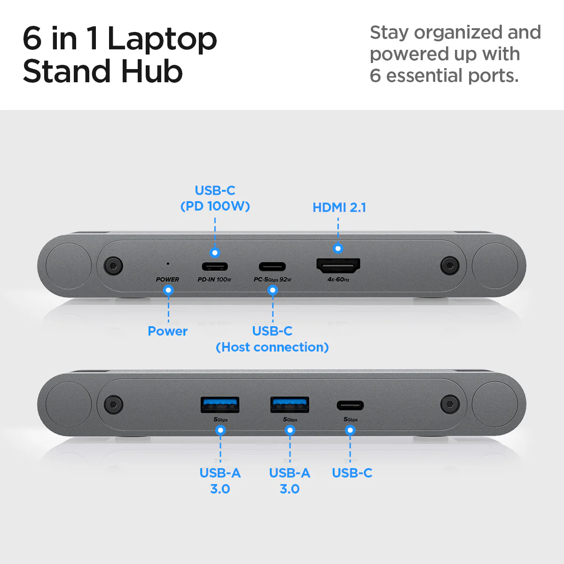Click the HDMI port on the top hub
[x=338, y=266]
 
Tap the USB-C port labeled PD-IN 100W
[x=215, y=266]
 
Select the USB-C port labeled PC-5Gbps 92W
[x=272, y=266]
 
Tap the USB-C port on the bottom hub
[x=350, y=405]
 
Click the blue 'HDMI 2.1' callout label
[x=339, y=207]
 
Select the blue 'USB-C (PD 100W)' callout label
[x=215, y=198]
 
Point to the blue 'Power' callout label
[x=167, y=331]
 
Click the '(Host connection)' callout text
[x=272, y=347]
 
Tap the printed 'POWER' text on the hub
[x=167, y=279]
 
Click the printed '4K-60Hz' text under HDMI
[x=338, y=280]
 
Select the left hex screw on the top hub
[x=113, y=266]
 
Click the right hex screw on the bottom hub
[x=450, y=403]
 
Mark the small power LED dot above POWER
[x=168, y=264]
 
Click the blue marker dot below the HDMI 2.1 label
[x=338, y=249]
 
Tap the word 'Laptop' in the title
[x=162, y=39]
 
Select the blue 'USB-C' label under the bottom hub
[x=352, y=473]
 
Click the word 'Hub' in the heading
[x=151, y=71]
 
